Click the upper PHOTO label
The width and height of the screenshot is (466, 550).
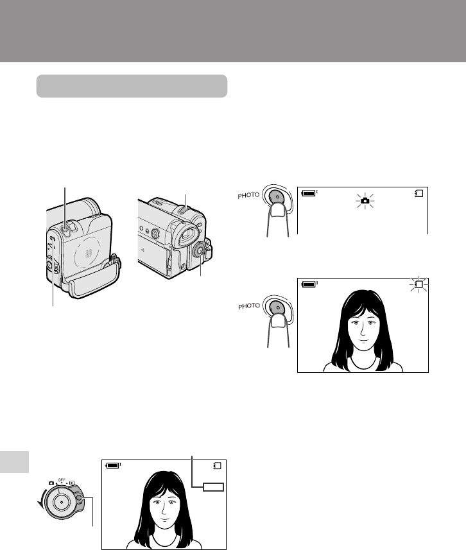point(248,195)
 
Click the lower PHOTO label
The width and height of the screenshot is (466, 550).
point(249,306)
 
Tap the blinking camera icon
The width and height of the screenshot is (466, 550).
point(365,201)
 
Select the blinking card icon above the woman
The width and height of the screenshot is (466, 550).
point(419,284)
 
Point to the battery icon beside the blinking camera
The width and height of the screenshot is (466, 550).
point(309,193)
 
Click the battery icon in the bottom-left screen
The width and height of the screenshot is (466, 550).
point(114,465)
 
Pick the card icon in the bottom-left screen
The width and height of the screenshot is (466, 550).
point(218,465)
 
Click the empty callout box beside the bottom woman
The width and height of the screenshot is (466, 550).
point(213,487)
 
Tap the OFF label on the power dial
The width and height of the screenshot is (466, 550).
point(62,479)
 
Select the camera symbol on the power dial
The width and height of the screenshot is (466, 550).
point(51,483)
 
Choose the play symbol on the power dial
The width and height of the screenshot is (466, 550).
point(72,483)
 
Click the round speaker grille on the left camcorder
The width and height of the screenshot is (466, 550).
point(89,253)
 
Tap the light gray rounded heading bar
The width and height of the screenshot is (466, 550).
point(132,86)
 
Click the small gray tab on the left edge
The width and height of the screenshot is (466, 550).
point(14,462)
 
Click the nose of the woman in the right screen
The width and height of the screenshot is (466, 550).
point(362,331)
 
